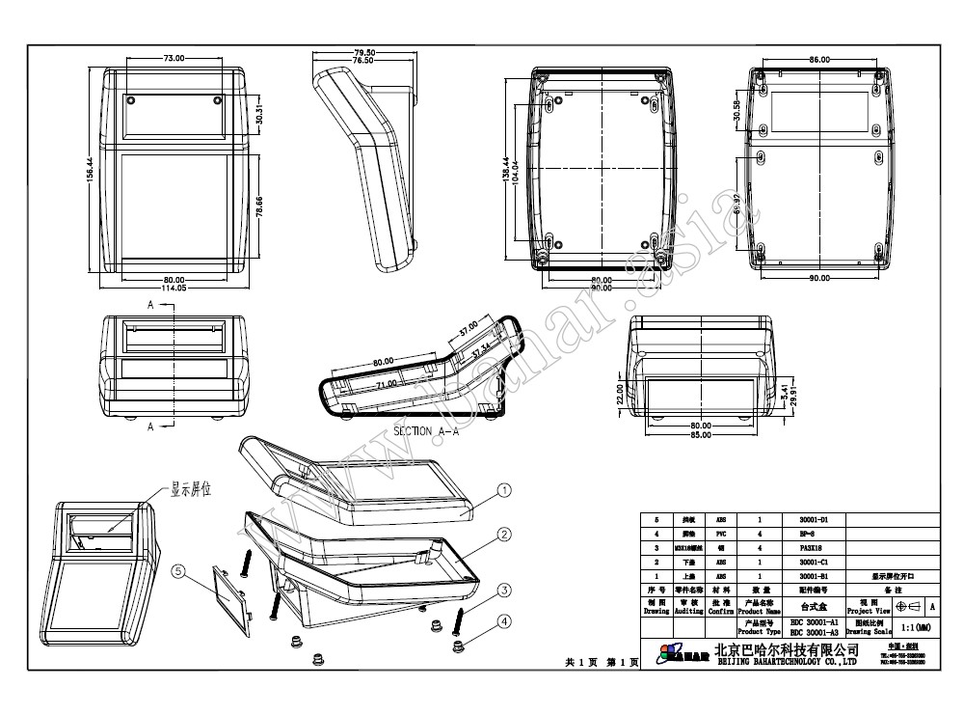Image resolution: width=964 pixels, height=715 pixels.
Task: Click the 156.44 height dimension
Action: pos(90,173)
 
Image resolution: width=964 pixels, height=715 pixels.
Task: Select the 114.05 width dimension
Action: pos(174,288)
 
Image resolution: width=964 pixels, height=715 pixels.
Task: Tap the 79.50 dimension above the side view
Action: pos(363,52)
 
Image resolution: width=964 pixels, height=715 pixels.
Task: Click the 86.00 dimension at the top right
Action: pos(819,60)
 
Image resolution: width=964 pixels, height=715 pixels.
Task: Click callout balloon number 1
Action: pos(504,491)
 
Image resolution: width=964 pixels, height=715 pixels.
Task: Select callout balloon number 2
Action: pos(504,534)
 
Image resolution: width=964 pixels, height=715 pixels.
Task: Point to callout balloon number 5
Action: pos(178,571)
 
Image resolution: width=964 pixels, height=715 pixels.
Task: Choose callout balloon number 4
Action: pos(504,621)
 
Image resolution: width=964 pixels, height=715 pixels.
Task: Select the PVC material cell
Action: pos(720,533)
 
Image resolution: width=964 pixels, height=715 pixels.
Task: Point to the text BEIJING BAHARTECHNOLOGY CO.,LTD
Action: pos(786,662)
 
